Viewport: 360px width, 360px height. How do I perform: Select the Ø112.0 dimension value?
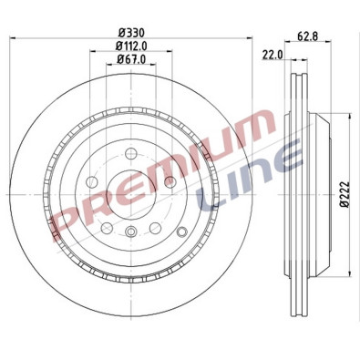132,46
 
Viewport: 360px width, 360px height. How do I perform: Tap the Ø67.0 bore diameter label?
132,60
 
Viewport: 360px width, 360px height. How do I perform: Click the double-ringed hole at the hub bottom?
132,233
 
